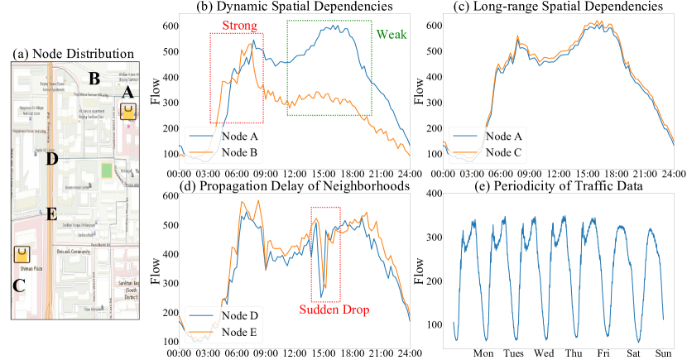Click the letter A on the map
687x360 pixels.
(x=127, y=94)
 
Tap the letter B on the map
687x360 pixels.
(x=94, y=79)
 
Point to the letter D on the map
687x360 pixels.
(x=51, y=159)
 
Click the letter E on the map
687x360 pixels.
(x=51, y=215)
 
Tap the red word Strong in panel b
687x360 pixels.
(x=236, y=26)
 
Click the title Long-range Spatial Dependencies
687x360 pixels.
(x=563, y=7)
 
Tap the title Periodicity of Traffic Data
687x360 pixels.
(x=562, y=187)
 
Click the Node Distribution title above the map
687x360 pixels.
(x=74, y=54)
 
